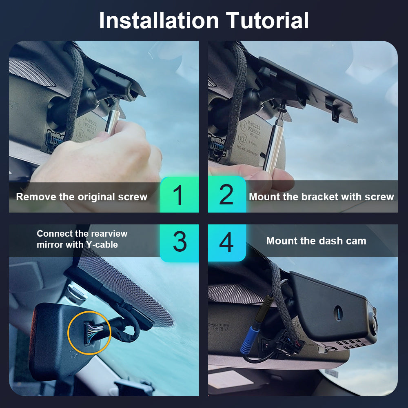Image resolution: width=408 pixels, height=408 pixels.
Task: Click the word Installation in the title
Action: tap(159, 20)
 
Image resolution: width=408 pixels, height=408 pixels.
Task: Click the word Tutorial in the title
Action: tap(267, 20)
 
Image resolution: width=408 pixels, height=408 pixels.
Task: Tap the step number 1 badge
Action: tap(179, 195)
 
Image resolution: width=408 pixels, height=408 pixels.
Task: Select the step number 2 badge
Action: tap(227, 195)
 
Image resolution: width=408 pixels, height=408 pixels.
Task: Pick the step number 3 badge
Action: tap(179, 242)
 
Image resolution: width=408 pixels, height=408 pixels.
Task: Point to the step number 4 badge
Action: tap(227, 242)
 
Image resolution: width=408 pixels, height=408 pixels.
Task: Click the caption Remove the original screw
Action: tap(82, 197)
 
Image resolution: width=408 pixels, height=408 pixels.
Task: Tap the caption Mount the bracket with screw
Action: tap(322, 197)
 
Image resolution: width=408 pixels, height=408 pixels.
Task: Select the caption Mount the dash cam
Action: tap(316, 241)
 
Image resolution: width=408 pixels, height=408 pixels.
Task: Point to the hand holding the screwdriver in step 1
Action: tap(99, 156)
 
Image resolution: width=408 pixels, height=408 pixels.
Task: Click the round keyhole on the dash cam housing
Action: tap(338, 313)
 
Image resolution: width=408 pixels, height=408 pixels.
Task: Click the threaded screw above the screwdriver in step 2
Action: tap(283, 106)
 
